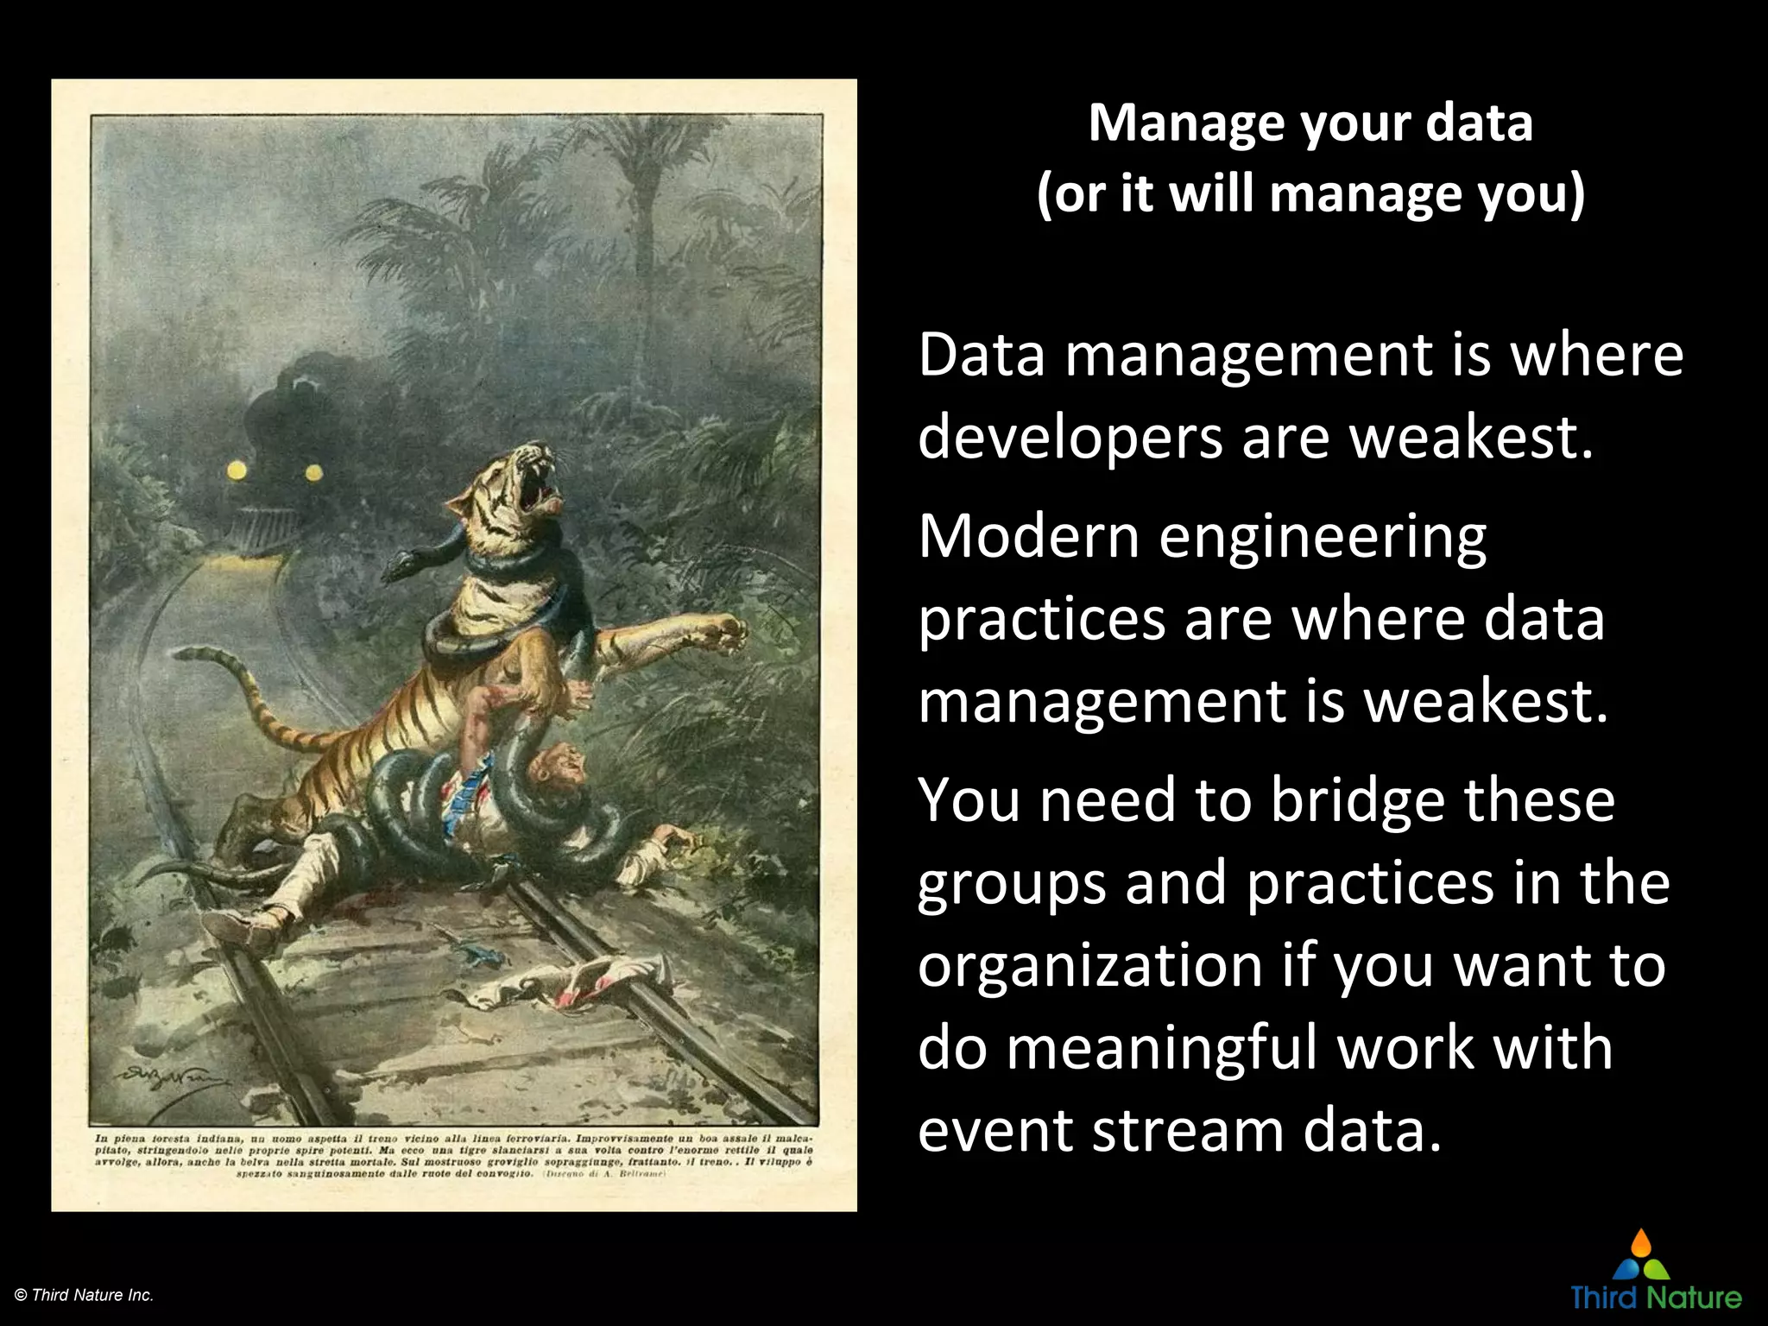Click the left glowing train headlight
click(236, 470)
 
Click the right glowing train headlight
click(313, 472)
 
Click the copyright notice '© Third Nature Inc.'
click(85, 1295)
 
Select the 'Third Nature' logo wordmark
click(1656, 1298)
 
